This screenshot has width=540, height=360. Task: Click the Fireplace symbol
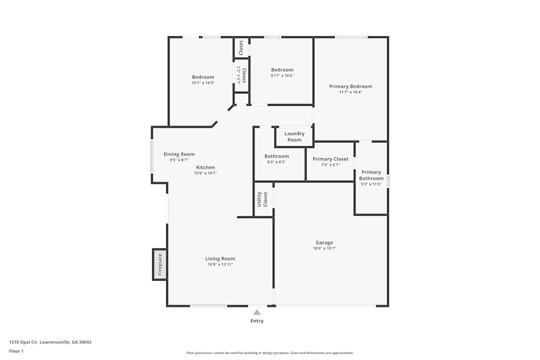tap(159, 264)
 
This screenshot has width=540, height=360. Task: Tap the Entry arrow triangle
tap(257, 312)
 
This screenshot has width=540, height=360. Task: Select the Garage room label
tap(324, 242)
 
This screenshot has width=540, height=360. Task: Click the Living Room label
tap(220, 259)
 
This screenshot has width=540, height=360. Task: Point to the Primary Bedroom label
tap(350, 86)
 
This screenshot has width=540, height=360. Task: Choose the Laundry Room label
tap(294, 137)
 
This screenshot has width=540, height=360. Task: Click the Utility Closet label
tap(262, 199)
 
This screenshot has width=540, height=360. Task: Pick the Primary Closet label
tap(330, 159)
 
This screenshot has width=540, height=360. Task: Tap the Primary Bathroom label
tap(371, 175)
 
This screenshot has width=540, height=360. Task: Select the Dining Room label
tap(179, 154)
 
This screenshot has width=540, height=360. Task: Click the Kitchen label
tap(205, 167)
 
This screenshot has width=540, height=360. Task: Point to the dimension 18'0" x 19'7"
tap(324, 248)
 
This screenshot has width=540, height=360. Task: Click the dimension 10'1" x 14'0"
tap(203, 83)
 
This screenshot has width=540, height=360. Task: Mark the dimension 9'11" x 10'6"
tap(282, 76)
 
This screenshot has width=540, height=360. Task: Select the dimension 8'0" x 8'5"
tap(276, 162)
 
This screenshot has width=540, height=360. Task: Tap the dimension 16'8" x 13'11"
tap(220, 264)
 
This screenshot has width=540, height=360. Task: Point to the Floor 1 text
tap(16, 351)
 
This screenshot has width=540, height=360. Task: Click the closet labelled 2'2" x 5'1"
tap(241, 75)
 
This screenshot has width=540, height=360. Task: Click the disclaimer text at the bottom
tap(270, 353)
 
